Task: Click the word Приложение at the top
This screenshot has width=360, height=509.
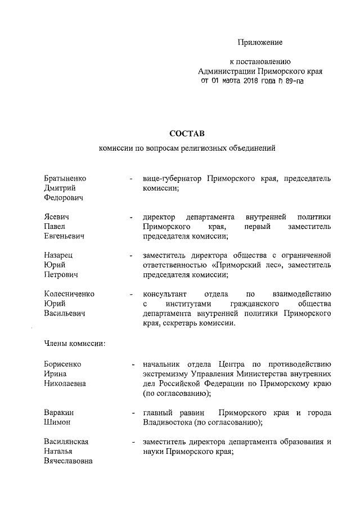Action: pos(260,43)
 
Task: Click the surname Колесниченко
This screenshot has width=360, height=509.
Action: pos(69,294)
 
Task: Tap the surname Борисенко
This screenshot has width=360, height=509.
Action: pos(62,363)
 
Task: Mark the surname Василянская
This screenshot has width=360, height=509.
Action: pos(66,442)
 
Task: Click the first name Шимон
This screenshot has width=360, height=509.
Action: pos(57,422)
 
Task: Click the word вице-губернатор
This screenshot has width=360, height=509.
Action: pos(172,178)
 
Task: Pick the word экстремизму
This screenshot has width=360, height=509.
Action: pos(167,373)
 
